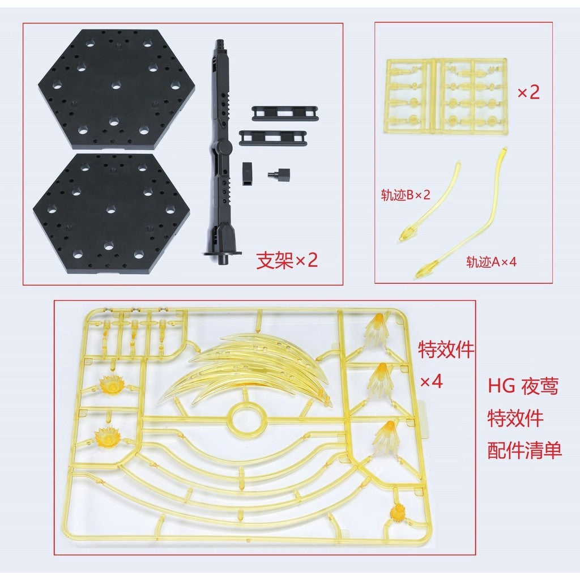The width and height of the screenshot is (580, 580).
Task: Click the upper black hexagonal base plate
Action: pyautogui.click(x=117, y=89)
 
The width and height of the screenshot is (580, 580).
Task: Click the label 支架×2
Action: pyautogui.click(x=287, y=261)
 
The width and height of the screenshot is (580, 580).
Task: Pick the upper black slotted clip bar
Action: pyautogui.click(x=285, y=113)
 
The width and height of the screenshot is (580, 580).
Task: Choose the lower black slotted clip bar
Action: pyautogui.click(x=273, y=138)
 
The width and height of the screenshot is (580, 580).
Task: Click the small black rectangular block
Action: pyautogui.click(x=248, y=173)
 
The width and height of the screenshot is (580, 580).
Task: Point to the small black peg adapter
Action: pyautogui.click(x=279, y=173)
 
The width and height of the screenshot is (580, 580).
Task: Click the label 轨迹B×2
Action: pyautogui.click(x=406, y=195)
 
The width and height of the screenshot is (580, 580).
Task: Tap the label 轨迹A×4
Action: pyautogui.click(x=491, y=262)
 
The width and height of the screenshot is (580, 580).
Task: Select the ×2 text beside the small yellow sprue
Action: pyautogui.click(x=528, y=92)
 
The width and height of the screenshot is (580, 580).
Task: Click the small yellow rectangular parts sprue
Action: pyautogui.click(x=446, y=95)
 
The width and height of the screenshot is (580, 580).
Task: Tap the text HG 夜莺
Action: pyautogui.click(x=523, y=386)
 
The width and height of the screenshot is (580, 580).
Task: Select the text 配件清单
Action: pyautogui.click(x=524, y=450)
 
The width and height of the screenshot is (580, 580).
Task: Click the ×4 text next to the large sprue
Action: pyautogui.click(x=431, y=381)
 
